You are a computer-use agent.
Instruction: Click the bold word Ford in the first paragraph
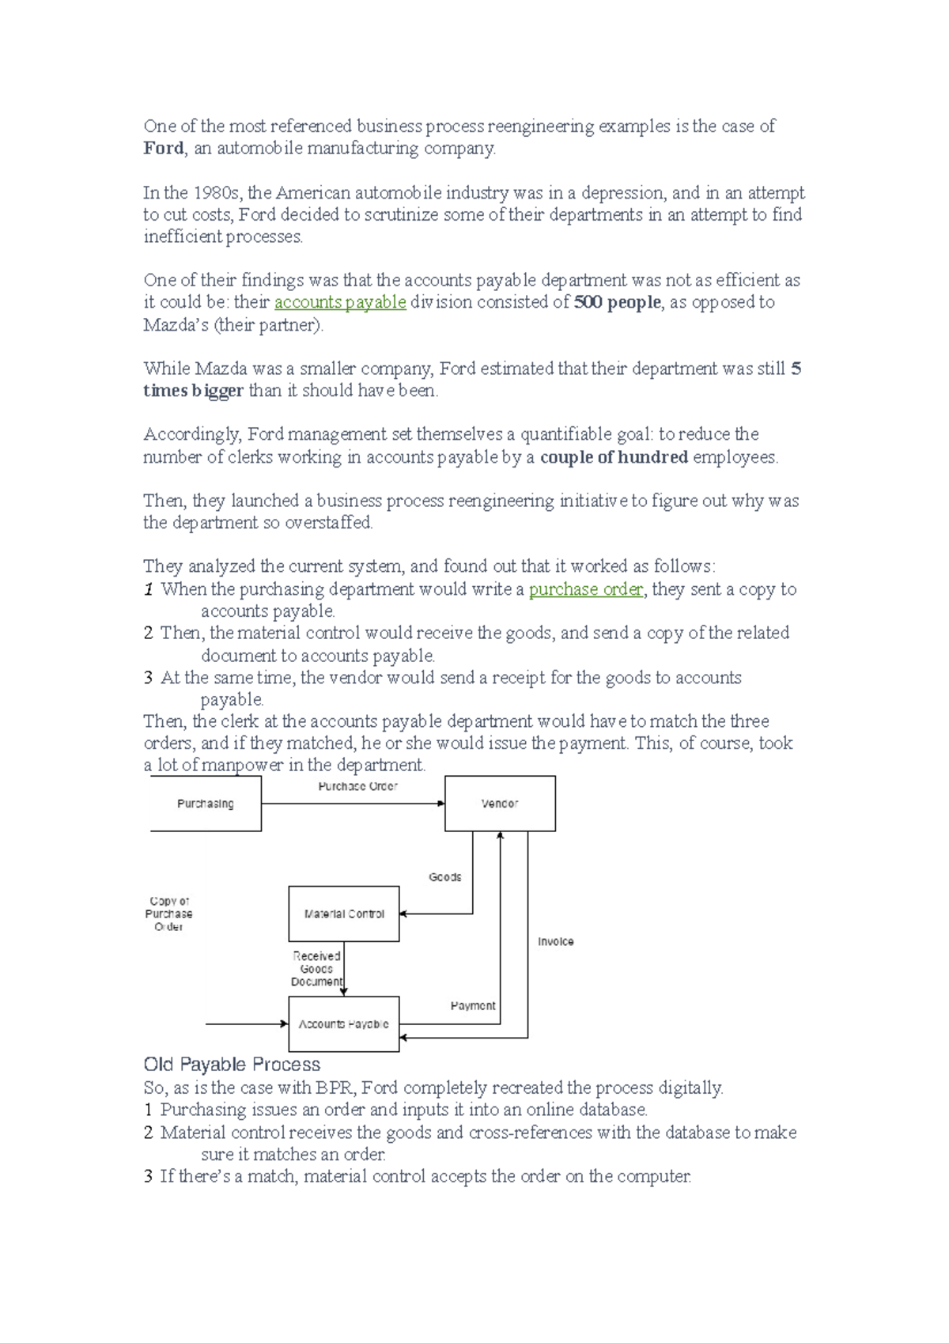[163, 149]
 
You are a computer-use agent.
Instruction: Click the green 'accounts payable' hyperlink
[340, 302]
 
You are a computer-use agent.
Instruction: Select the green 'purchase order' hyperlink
[586, 589]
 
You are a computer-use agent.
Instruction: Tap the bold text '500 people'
[617, 302]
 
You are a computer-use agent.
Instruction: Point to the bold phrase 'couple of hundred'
[614, 457]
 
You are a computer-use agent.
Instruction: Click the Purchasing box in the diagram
[206, 804]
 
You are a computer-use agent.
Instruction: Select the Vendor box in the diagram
[500, 804]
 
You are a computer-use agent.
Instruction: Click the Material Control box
[344, 914]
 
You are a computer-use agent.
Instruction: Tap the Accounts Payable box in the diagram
[344, 1023]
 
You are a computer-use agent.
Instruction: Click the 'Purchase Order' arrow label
[357, 786]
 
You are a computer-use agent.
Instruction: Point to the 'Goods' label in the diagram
[445, 877]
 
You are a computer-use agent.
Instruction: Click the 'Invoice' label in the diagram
[556, 941]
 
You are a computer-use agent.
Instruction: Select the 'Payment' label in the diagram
[473, 1005]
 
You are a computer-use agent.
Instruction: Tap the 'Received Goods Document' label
[316, 969]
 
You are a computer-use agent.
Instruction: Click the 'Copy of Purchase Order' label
[168, 914]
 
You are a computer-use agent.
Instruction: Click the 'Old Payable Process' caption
[232, 1064]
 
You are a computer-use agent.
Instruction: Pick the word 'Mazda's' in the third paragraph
[176, 325]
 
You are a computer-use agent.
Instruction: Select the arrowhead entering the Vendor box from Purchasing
[441, 804]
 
